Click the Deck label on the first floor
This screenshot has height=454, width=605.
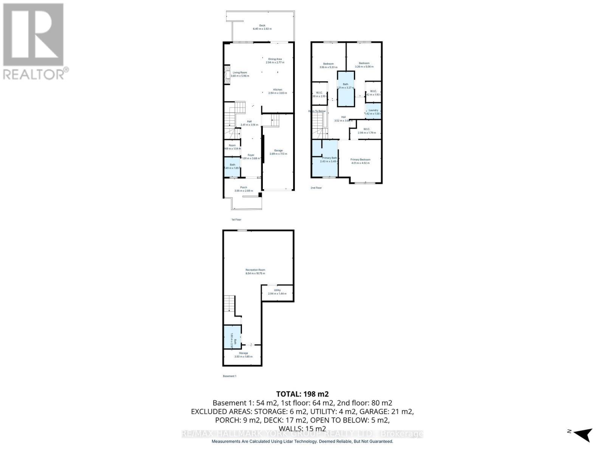pyautogui.click(x=262, y=26)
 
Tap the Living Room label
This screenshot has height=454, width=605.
pyautogui.click(x=240, y=73)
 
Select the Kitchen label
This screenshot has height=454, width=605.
pyautogui.click(x=278, y=90)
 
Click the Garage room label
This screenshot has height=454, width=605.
pyautogui.click(x=278, y=151)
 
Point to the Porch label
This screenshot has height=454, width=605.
pyautogui.click(x=244, y=188)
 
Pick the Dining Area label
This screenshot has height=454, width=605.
pyautogui.click(x=275, y=59)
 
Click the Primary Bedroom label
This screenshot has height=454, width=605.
pyautogui.click(x=360, y=160)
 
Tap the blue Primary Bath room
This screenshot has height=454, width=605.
pyautogui.click(x=324, y=159)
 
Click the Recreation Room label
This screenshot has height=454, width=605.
pyautogui.click(x=255, y=270)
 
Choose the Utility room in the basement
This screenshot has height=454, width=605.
pyautogui.click(x=277, y=292)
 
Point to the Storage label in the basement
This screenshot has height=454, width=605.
pyautogui.click(x=243, y=353)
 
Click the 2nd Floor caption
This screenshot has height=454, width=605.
pyautogui.click(x=316, y=188)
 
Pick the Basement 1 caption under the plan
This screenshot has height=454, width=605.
pyautogui.click(x=230, y=376)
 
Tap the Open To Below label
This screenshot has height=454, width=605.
pyautogui.click(x=317, y=111)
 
